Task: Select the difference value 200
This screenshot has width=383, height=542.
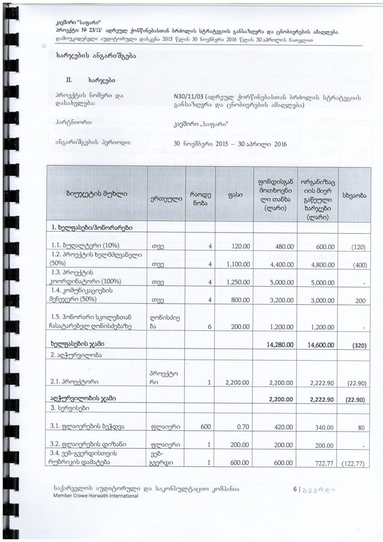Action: coord(360,301)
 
